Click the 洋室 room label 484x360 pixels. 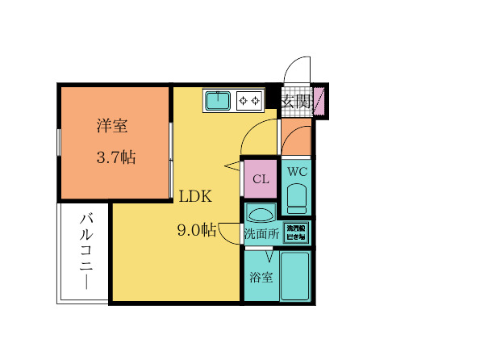click(x=114, y=126)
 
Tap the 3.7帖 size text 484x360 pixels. click(x=115, y=158)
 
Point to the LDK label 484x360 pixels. click(x=194, y=197)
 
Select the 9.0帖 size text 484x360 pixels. click(x=196, y=230)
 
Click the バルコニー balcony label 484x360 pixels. click(x=85, y=253)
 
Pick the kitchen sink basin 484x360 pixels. click(x=217, y=100)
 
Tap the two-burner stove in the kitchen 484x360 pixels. click(x=249, y=100)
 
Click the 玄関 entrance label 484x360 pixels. click(x=296, y=101)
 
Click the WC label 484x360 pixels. click(x=297, y=172)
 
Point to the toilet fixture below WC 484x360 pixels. click(x=297, y=198)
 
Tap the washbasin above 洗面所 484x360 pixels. click(x=261, y=215)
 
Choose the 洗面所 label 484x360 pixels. click(x=261, y=234)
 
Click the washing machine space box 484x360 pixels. click(x=295, y=233)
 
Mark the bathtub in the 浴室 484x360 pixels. click(x=296, y=276)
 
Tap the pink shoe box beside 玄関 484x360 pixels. click(x=319, y=101)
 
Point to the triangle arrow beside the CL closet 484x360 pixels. click(x=233, y=166)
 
